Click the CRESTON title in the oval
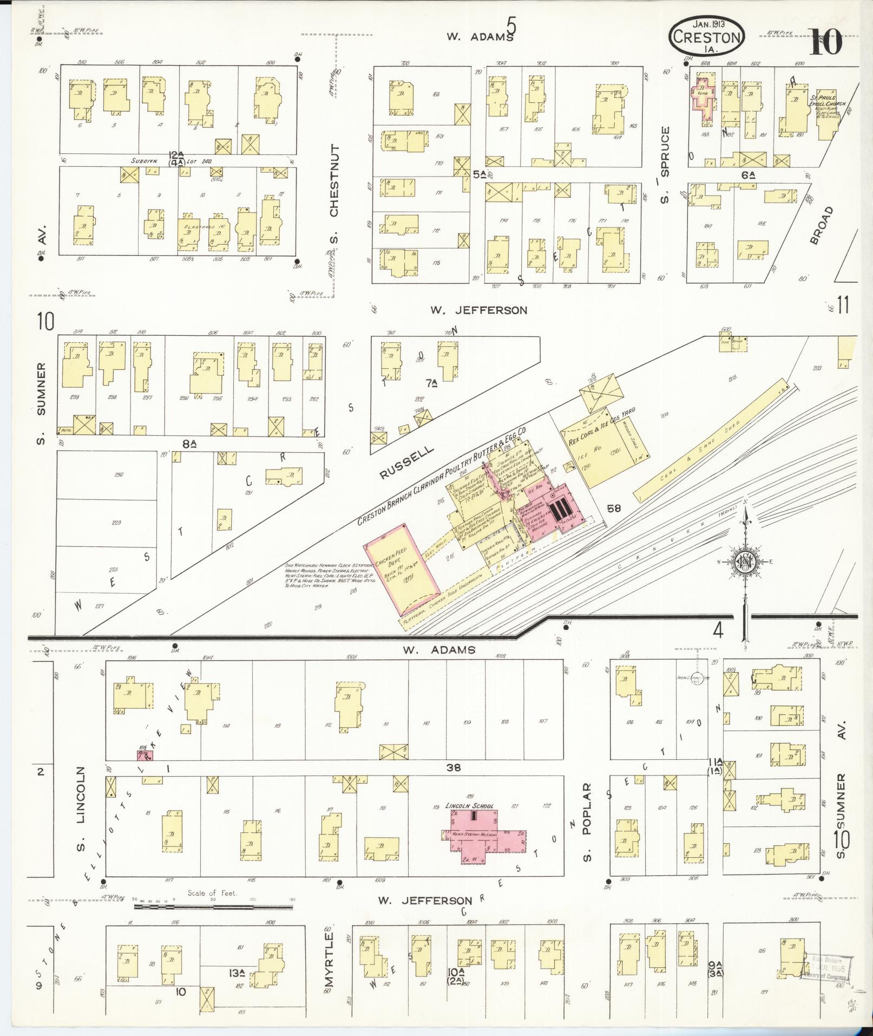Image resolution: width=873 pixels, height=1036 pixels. tap(707, 37)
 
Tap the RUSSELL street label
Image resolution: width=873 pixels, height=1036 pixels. tap(407, 462)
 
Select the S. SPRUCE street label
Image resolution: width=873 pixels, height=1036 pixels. tap(665, 166)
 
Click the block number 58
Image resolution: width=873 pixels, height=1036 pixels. tap(614, 509)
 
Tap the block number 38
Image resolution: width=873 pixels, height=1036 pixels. tap(454, 767)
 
